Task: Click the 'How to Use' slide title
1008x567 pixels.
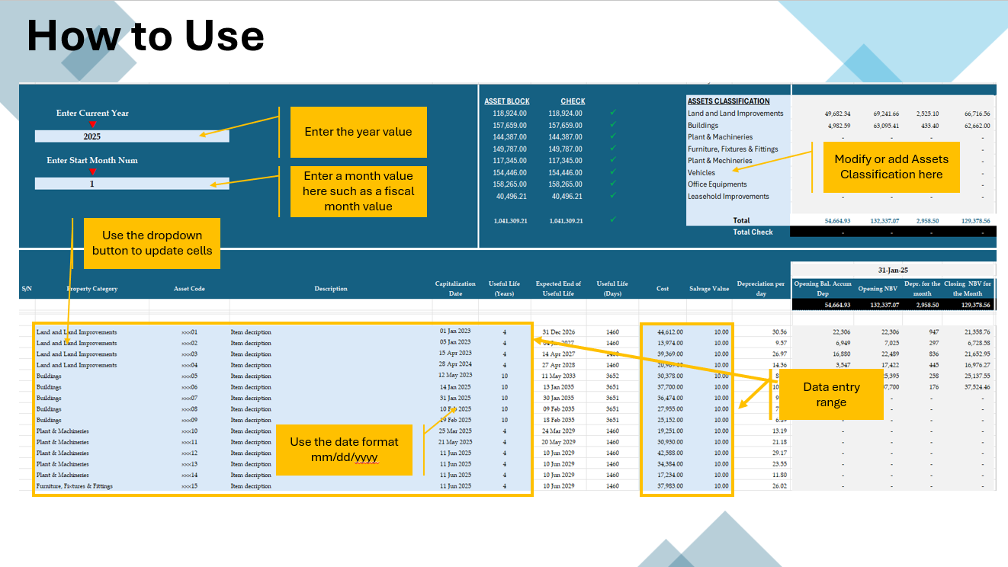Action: click(x=145, y=36)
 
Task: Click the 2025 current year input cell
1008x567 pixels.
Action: click(x=92, y=136)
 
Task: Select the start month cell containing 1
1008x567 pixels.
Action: click(x=92, y=184)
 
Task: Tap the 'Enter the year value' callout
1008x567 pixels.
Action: click(x=358, y=132)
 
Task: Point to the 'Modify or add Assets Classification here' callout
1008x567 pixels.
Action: click(x=891, y=167)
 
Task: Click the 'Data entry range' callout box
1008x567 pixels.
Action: click(x=830, y=394)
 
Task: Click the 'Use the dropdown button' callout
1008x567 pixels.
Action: click(x=152, y=243)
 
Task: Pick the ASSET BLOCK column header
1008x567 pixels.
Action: click(x=506, y=101)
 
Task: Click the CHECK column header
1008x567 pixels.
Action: click(x=573, y=101)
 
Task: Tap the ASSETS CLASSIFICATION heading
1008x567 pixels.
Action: click(x=728, y=101)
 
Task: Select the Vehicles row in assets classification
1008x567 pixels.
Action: click(x=701, y=173)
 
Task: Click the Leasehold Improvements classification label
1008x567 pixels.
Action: click(x=728, y=197)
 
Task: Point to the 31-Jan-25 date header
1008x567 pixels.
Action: click(x=893, y=270)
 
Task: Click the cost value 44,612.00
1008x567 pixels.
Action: click(x=669, y=332)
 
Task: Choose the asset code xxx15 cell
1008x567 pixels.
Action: click(x=189, y=486)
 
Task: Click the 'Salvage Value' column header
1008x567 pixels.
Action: click(x=709, y=289)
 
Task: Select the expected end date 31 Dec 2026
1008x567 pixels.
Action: click(x=558, y=332)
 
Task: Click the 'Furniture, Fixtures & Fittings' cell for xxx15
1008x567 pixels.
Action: click(x=74, y=486)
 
